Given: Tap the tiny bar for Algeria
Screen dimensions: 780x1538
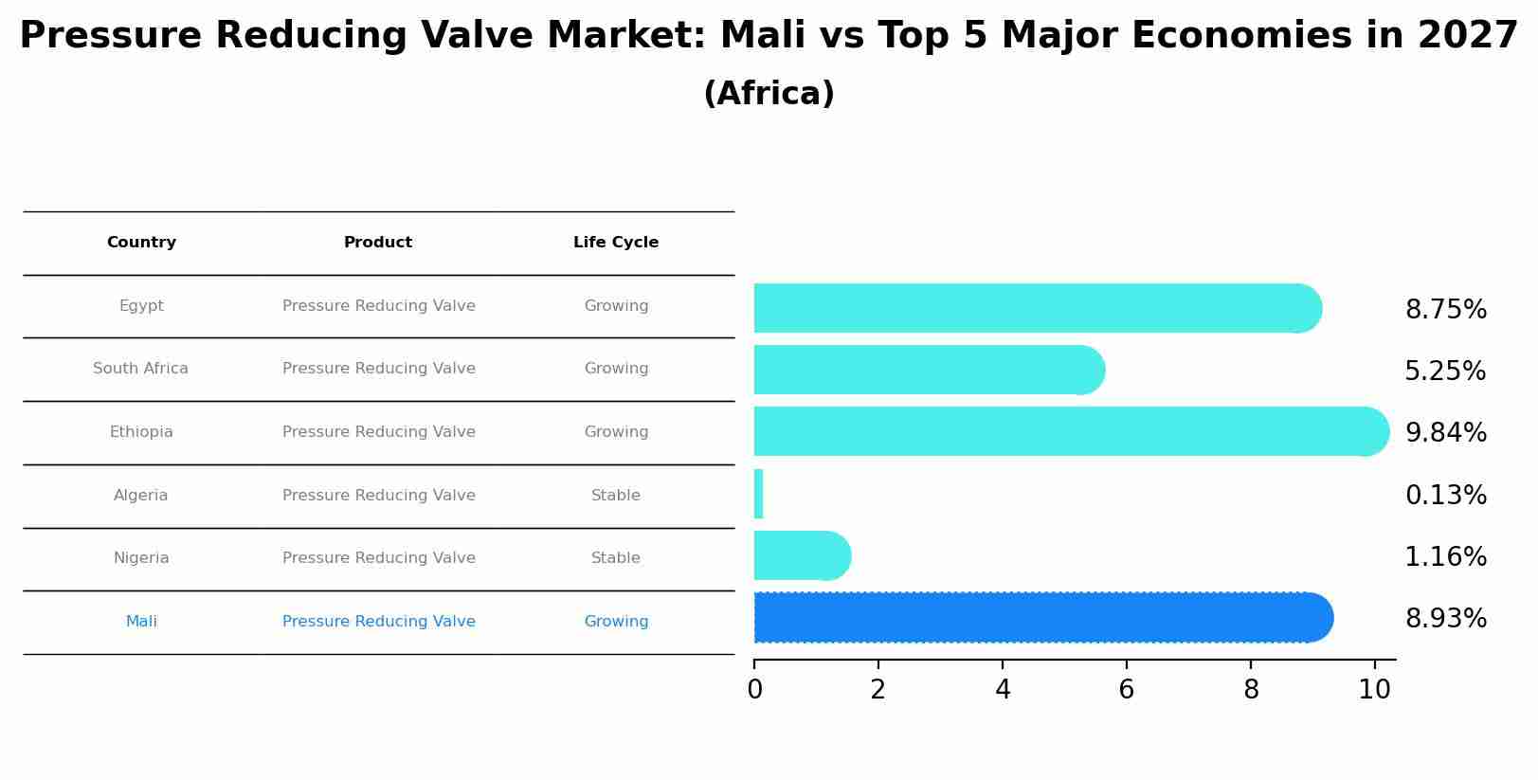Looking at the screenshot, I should point(758,495).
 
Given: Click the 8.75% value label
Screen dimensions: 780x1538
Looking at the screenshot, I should point(1445,310).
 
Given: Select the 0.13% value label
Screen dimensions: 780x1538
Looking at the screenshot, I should point(1445,495).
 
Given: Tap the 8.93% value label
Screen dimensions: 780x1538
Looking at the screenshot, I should point(1445,619).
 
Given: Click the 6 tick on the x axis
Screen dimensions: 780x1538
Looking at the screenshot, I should point(1126,689).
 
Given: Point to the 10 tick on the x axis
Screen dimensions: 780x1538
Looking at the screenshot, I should point(1374,689).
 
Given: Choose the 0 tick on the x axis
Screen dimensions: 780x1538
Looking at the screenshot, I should point(754,689).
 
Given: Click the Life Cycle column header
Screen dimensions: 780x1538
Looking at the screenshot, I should point(616,243).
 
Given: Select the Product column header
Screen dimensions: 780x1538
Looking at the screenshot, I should point(378,243).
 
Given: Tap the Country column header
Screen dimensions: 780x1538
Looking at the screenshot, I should point(141,243).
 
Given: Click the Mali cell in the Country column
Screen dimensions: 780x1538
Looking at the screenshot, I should point(141,622).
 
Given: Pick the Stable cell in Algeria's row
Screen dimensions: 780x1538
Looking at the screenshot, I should point(616,496).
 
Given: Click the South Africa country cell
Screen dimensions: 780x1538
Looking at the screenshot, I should point(140,369).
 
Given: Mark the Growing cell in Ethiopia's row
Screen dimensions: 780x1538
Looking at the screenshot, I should point(616,432).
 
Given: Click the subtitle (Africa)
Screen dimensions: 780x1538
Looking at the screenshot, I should point(769,94).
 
